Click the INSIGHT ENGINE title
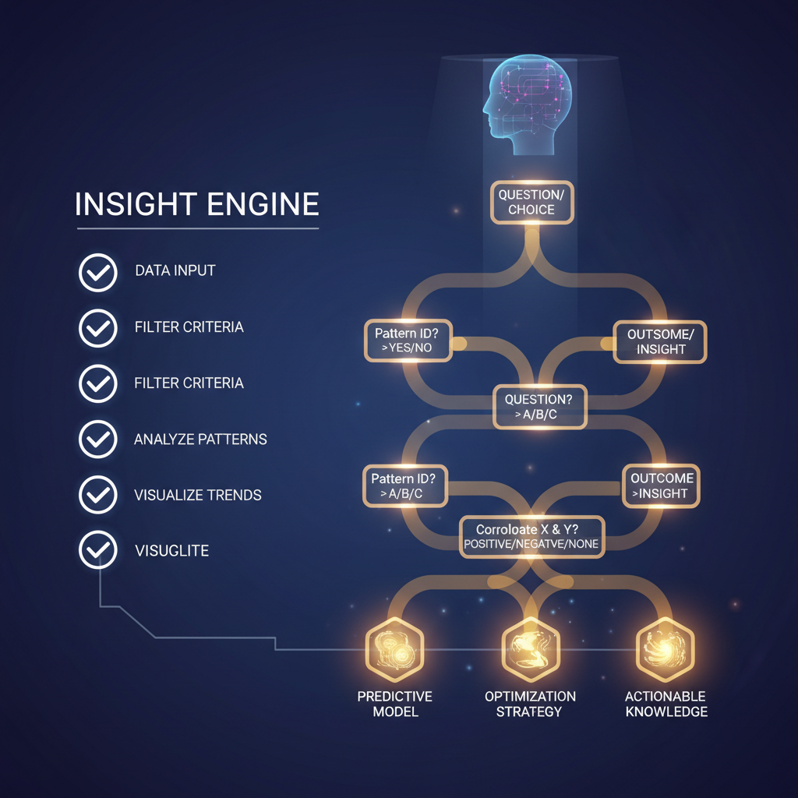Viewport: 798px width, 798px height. click(196, 204)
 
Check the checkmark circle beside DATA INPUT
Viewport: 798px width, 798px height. click(98, 271)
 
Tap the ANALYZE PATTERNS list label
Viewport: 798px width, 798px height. click(200, 440)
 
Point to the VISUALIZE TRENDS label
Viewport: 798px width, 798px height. click(198, 496)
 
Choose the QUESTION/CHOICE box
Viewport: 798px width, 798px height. click(531, 202)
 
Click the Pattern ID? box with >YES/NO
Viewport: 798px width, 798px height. click(408, 341)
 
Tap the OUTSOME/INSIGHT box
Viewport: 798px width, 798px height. click(661, 341)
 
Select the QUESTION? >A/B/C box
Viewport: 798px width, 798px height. click(538, 407)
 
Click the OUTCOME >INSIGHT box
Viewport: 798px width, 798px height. click(661, 486)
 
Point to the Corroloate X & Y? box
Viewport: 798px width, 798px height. click(531, 537)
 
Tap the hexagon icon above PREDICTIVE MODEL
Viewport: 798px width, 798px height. click(394, 648)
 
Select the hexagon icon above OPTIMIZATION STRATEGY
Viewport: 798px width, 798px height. click(530, 648)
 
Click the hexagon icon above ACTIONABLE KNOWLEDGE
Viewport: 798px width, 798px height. click(665, 648)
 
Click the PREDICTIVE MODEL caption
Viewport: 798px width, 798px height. click(394, 704)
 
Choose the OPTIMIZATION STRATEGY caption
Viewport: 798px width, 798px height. click(530, 704)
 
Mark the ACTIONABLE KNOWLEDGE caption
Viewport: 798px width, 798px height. click(666, 704)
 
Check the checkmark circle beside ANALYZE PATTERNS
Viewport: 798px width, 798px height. click(98, 440)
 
